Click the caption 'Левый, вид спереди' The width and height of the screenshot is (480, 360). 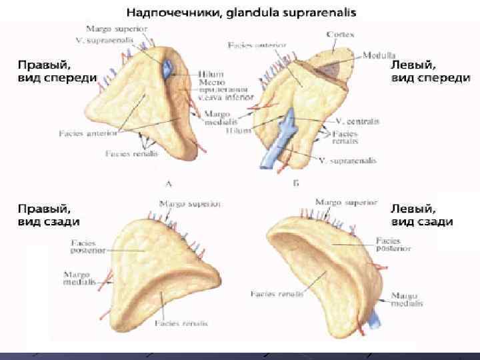click(x=429, y=71)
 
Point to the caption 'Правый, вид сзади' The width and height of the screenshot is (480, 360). click(x=49, y=215)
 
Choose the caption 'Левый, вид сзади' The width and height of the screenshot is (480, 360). click(x=422, y=215)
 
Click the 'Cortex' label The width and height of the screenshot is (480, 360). click(x=340, y=33)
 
